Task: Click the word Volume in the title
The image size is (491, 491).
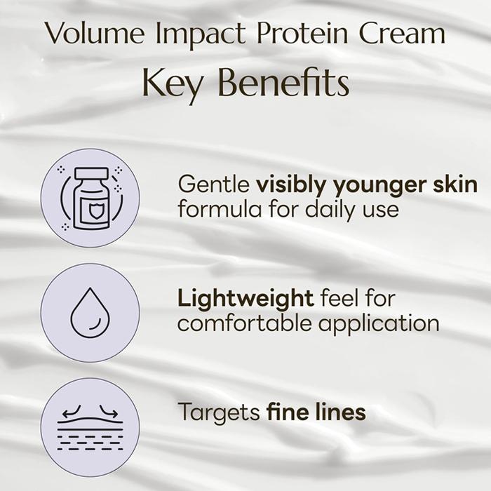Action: tap(95, 33)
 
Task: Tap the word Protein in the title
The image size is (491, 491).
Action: tap(302, 34)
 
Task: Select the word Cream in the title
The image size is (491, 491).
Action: tap(402, 33)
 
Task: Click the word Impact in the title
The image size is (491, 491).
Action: tap(201, 35)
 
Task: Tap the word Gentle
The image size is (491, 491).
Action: tap(214, 184)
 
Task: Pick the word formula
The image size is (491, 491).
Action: tap(220, 209)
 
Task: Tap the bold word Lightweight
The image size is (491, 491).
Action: tap(245, 299)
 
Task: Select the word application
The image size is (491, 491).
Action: tap(379, 324)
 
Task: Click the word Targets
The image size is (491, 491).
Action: tap(219, 412)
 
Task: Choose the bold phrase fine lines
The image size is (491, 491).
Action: tap(316, 411)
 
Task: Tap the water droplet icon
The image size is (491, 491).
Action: tap(90, 313)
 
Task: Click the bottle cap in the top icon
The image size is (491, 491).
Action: tap(92, 173)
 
